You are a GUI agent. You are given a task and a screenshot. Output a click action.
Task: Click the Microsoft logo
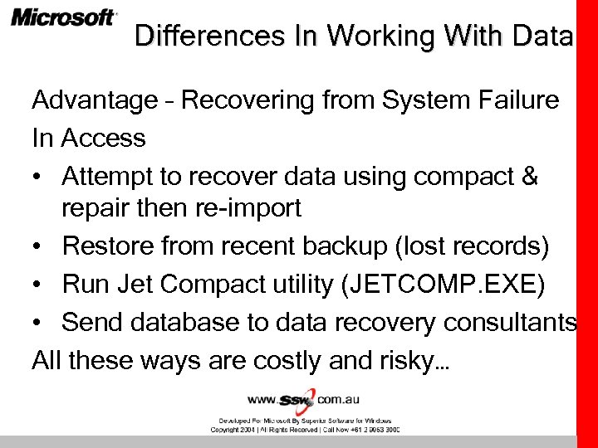(x=64, y=17)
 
